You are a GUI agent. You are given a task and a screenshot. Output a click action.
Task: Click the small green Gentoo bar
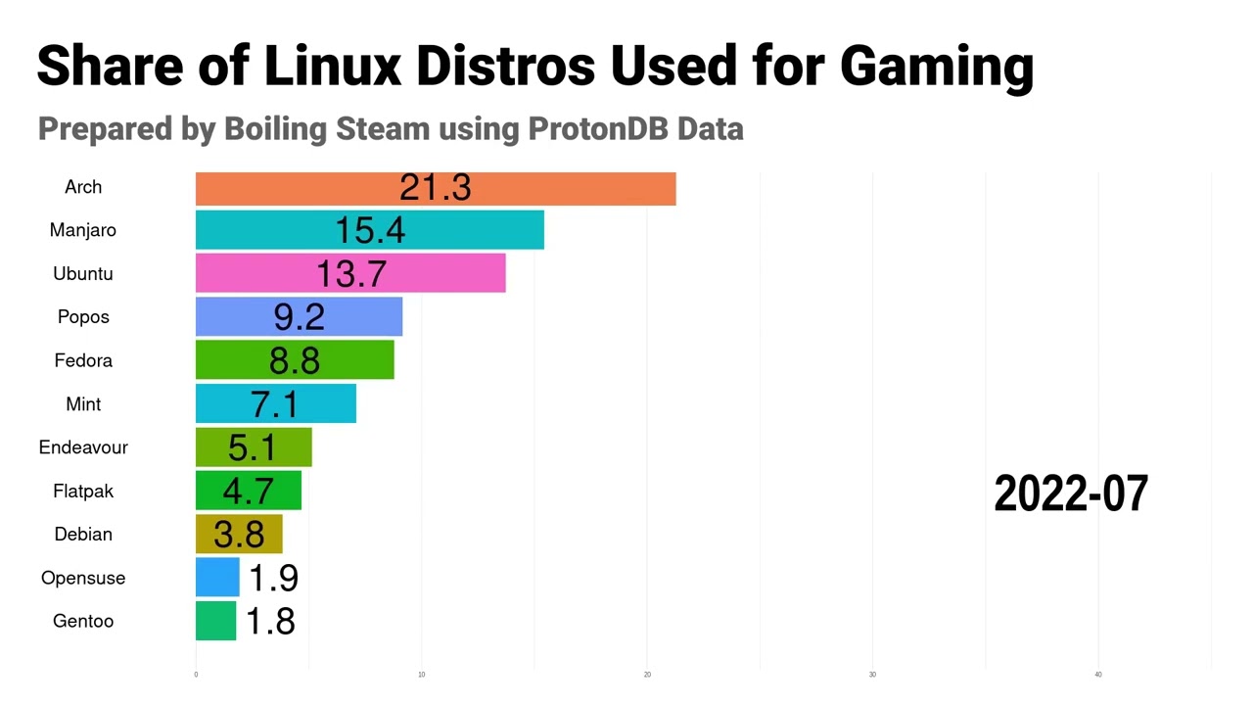tap(215, 621)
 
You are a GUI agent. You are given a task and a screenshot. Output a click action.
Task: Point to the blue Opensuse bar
tap(217, 578)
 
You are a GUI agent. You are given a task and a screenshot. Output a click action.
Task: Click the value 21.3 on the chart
tap(436, 188)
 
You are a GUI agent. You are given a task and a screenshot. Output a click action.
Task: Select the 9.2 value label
tap(299, 317)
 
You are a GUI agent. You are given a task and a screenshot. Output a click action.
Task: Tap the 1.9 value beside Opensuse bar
tap(273, 578)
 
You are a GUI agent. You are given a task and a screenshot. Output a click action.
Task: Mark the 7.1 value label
tap(274, 404)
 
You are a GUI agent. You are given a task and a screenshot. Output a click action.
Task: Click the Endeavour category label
tap(83, 447)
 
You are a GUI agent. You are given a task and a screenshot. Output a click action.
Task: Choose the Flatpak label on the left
tap(83, 491)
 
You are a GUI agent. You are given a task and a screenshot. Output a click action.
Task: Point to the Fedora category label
tap(83, 360)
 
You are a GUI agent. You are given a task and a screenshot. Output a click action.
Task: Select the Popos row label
tap(83, 317)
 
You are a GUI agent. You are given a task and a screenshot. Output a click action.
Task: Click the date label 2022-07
tap(1071, 493)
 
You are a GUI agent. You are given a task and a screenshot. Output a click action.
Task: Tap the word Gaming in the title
tap(937, 66)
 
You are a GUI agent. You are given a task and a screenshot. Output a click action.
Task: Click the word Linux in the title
tap(333, 66)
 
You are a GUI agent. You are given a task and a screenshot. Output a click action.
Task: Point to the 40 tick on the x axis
tap(1098, 675)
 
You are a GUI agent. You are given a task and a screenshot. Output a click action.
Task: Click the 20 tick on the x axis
tap(647, 675)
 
